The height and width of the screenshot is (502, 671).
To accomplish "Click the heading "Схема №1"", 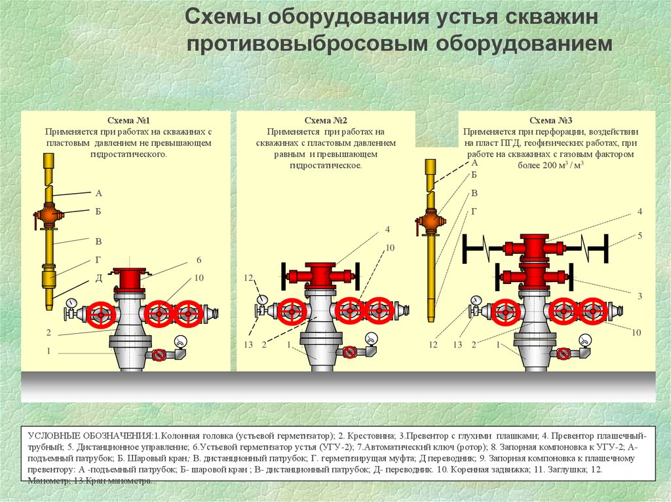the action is [128, 120].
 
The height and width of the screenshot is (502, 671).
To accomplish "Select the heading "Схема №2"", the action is [326, 120].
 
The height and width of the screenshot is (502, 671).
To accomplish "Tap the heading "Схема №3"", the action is [550, 120].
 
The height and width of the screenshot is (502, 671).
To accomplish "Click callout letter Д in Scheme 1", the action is [99, 278].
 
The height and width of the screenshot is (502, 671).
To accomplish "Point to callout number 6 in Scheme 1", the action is [199, 260].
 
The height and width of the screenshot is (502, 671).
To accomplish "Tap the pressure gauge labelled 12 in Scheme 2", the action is [261, 300].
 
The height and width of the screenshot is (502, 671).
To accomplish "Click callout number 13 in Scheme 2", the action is [248, 345].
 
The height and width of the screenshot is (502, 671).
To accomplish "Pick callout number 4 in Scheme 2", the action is [388, 229].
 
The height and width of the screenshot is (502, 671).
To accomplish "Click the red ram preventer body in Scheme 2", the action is [320, 276].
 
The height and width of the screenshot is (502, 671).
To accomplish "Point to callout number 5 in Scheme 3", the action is [640, 236].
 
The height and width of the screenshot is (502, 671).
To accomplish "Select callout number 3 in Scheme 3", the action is [640, 296].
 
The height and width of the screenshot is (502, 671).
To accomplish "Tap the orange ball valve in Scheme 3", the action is [431, 221].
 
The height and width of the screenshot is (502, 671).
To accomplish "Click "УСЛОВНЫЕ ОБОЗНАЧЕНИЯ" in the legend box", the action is [90, 436].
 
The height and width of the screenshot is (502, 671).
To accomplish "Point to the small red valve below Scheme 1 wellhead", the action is [159, 355].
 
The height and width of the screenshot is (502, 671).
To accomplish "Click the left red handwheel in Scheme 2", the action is [292, 312].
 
